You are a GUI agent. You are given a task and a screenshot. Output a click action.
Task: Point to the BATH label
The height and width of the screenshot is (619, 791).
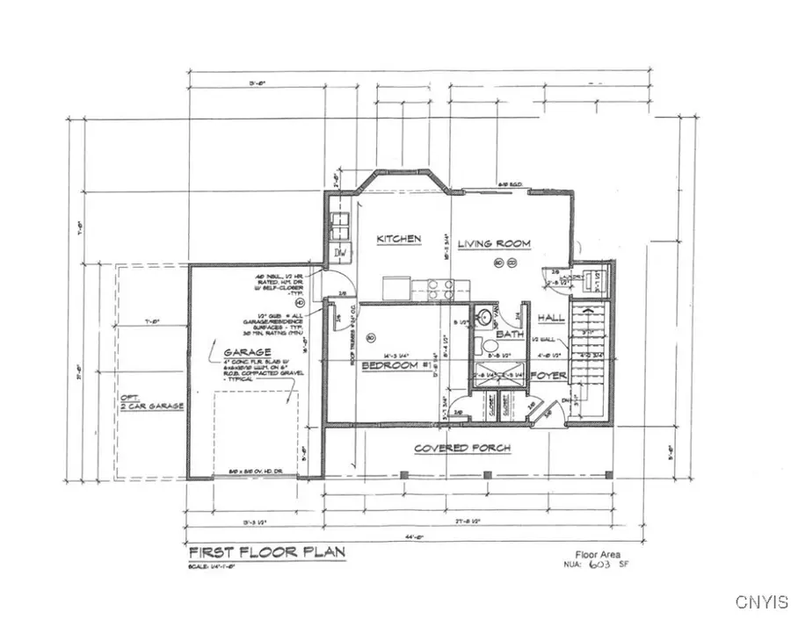coord(510,335)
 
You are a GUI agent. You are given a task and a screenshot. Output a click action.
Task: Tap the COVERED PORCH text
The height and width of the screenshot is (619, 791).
coord(462,448)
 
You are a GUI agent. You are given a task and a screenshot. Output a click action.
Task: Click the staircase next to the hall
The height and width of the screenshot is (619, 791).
coord(586,351)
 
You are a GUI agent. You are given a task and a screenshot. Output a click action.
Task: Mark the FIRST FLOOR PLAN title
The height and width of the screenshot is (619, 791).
coord(267,552)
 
